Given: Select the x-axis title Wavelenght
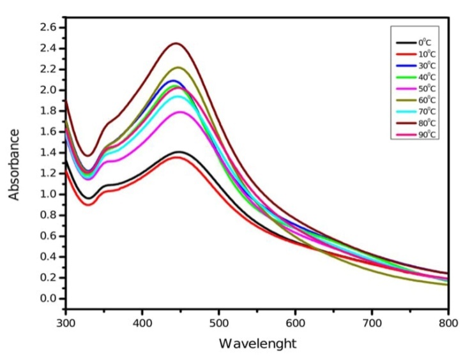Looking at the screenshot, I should (x=258, y=343).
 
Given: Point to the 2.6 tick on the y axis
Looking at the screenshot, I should (x=49, y=27).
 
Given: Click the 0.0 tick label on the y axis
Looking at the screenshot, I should (x=49, y=298).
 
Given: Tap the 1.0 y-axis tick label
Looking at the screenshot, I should (x=49, y=194).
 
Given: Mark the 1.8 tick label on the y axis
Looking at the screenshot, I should (x=49, y=111).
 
